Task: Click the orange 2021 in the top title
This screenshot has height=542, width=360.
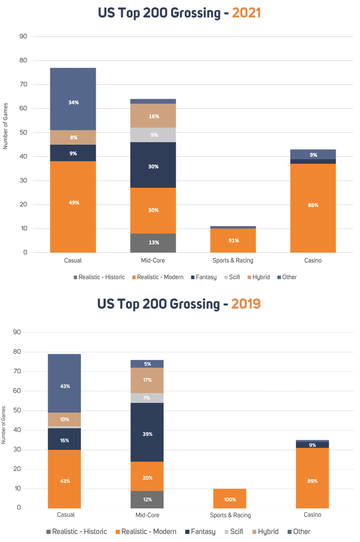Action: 246,13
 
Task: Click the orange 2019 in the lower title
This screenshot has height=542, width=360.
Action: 246,304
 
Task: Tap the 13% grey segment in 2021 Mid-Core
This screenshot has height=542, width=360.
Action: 153,243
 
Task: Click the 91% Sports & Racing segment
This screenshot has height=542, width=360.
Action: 233,241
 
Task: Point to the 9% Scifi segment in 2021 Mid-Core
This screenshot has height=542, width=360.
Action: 153,135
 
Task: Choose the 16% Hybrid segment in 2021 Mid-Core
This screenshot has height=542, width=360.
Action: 153,116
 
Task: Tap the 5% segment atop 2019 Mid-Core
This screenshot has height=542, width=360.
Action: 147,364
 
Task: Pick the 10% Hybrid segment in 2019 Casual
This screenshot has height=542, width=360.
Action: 65,419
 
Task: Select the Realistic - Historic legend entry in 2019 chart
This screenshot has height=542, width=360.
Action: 76,532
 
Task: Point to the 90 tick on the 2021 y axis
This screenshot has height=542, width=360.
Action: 23,36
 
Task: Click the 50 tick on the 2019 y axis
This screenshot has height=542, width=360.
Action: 17,410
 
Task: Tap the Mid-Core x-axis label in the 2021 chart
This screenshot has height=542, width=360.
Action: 153,260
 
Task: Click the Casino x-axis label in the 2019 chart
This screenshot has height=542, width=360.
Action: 312,514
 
